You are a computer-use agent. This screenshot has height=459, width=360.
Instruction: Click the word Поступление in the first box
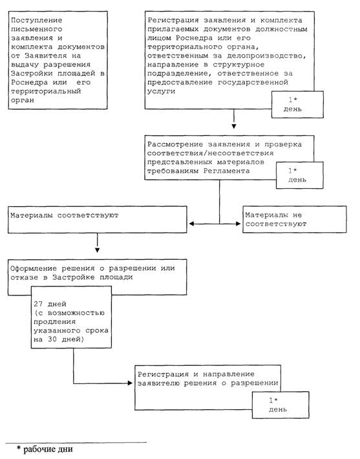point(37,21)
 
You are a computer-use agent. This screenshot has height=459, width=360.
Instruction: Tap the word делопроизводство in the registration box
point(266,56)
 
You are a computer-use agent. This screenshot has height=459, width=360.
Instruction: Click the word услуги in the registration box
point(162,91)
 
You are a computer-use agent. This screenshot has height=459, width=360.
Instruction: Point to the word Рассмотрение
point(175,144)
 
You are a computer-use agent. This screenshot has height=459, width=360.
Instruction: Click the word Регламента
point(227,171)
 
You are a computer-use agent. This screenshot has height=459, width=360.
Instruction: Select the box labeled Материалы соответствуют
point(98,220)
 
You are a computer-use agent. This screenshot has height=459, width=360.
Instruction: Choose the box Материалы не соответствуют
point(295,220)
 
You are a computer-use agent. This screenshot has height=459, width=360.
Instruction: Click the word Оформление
point(34,268)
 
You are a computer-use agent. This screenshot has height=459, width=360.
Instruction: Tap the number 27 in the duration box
point(38,304)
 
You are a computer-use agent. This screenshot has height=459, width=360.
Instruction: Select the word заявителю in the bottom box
point(158,383)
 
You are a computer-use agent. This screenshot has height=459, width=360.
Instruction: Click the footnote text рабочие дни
point(48,449)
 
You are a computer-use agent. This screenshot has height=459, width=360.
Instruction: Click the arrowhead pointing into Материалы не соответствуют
point(238,224)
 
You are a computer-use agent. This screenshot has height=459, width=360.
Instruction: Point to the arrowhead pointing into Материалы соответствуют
point(192,224)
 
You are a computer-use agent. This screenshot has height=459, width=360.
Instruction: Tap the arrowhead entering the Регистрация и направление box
point(131,383)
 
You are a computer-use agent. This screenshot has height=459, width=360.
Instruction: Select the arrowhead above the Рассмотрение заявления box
point(234,127)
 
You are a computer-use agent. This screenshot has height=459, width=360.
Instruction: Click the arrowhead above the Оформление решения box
point(98,250)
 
